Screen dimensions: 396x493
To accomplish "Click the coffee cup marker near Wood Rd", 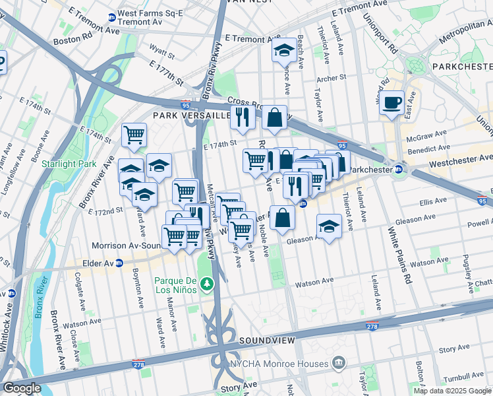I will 392,103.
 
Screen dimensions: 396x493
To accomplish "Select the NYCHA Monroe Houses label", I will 279,364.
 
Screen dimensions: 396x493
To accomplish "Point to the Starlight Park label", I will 69,164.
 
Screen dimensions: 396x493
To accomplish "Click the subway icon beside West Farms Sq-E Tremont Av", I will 112,17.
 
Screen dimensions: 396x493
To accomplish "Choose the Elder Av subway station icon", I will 119,263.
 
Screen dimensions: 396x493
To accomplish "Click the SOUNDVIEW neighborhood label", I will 264,341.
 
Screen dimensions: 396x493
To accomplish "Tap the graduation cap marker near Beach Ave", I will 284,50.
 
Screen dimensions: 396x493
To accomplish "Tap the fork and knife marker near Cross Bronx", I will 242,117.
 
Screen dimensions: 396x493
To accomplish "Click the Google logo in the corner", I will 22,388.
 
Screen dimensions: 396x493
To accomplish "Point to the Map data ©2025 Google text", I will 452,391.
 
